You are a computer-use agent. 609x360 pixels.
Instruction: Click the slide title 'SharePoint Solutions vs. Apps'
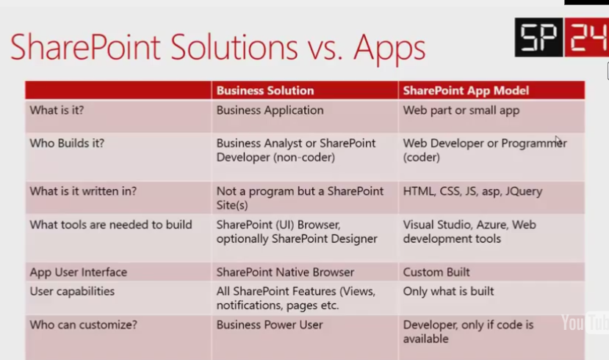click(x=217, y=48)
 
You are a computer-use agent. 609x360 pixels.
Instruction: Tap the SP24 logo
click(x=561, y=37)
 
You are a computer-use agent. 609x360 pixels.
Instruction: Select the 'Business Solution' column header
click(x=265, y=90)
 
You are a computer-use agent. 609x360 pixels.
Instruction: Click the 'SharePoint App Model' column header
click(x=466, y=90)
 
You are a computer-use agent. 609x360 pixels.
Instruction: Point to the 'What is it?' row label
click(x=58, y=110)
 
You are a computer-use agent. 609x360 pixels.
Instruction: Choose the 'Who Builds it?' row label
click(x=67, y=143)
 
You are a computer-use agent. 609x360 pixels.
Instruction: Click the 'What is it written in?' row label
click(x=83, y=191)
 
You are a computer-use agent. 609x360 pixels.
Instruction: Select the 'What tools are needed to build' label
click(x=111, y=225)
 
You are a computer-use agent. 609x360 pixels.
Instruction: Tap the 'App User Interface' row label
click(x=79, y=272)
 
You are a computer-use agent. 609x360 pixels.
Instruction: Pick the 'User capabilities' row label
click(x=72, y=291)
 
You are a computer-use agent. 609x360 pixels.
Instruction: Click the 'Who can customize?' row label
click(x=73, y=325)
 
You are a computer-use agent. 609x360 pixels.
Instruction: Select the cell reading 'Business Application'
click(x=270, y=110)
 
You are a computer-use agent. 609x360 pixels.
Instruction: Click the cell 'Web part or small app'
click(x=461, y=110)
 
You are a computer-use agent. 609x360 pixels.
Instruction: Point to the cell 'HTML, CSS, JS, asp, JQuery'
click(x=472, y=191)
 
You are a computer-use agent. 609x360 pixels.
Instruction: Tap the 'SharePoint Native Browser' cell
click(x=285, y=272)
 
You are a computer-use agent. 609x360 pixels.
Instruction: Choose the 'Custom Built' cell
click(x=436, y=272)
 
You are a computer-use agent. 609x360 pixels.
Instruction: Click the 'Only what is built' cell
click(x=448, y=291)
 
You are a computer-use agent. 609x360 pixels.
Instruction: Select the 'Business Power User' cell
click(x=270, y=325)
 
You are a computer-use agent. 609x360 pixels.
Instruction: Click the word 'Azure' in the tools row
click(x=490, y=225)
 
